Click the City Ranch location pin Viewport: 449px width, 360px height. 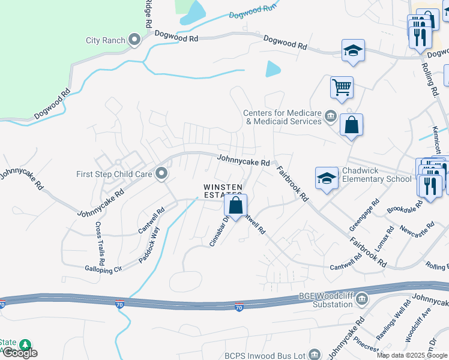[x=134, y=40]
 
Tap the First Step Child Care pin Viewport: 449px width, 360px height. [x=161, y=174]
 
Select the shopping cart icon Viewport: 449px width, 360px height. [x=342, y=88]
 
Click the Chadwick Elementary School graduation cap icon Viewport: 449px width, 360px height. [x=327, y=178]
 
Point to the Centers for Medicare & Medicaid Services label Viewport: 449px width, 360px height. [x=282, y=117]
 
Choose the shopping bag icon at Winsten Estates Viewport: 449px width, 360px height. [x=236, y=205]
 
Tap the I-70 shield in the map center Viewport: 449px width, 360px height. [x=239, y=307]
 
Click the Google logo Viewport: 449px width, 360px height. [x=20, y=353]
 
